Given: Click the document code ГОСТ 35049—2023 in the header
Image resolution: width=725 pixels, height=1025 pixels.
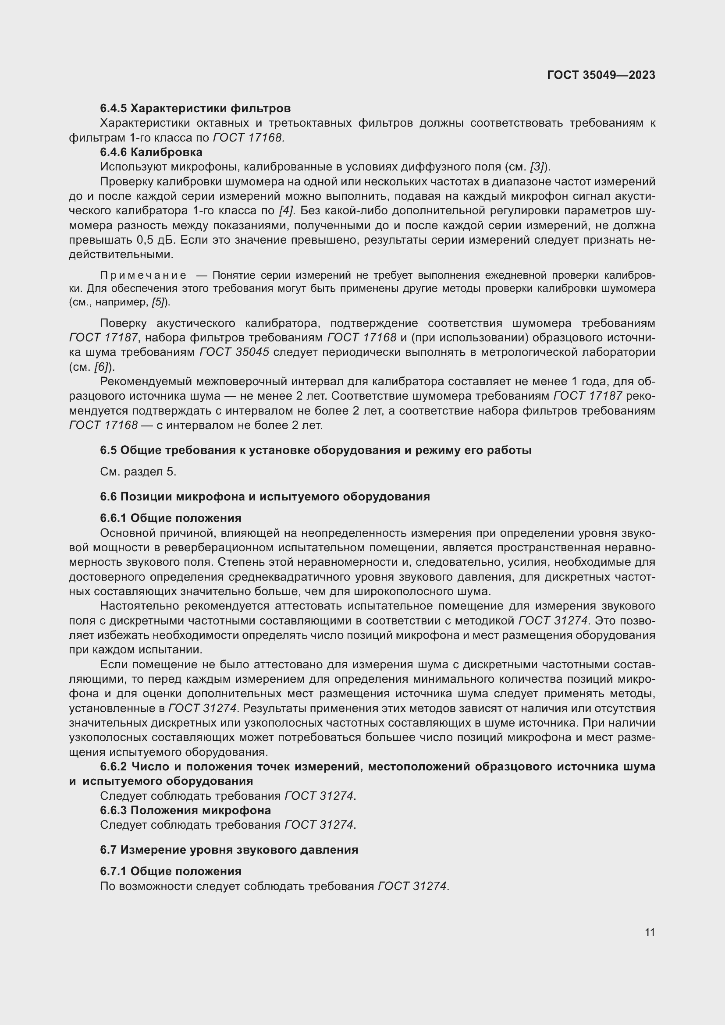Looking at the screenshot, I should coord(601,75).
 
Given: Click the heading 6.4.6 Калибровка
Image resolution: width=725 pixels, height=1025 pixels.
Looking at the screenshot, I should coord(151,152).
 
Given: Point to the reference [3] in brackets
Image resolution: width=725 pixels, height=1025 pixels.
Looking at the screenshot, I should coord(537,167).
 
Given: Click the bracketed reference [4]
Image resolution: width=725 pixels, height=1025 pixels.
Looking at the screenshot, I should coord(286,211).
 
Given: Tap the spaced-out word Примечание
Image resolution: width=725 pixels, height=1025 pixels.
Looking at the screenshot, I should coord(143,275).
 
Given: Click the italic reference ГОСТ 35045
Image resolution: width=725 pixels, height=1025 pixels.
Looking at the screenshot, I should coord(234,352).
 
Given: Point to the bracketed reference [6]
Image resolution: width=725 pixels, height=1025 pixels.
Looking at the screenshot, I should coord(101,367).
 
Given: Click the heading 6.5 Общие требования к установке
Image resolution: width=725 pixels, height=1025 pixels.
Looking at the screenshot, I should coord(315,450).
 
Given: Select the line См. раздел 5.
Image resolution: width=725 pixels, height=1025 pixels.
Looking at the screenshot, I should coord(138,472).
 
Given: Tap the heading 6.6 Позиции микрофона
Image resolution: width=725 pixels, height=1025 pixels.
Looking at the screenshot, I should coord(265,497).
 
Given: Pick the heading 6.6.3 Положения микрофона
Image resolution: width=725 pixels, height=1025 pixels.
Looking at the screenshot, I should coord(185,810).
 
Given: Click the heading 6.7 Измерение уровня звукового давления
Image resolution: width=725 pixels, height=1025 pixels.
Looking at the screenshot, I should coord(228,850).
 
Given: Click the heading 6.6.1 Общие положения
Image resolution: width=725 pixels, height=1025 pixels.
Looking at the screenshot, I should coord(171,518).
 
